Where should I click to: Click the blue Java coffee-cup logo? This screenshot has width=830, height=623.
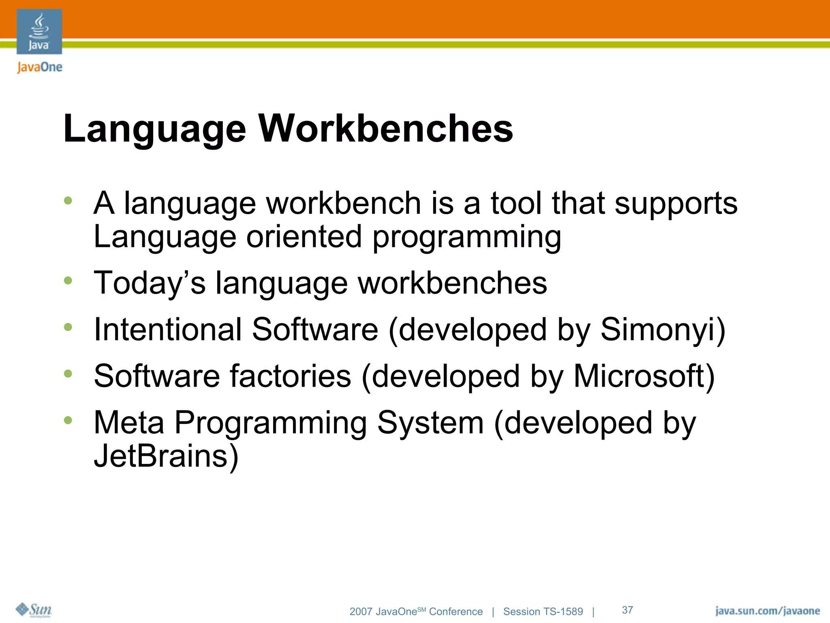click(x=39, y=32)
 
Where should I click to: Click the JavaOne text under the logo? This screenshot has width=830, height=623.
click(x=40, y=67)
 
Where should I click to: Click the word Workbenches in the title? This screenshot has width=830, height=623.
click(x=386, y=129)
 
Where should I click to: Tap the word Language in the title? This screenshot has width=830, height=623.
click(x=154, y=129)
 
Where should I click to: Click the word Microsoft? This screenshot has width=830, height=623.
click(x=644, y=376)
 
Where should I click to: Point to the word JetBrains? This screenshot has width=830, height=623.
click(x=166, y=456)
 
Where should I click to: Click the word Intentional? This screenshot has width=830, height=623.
click(x=167, y=329)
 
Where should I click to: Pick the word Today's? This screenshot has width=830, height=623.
click(x=150, y=283)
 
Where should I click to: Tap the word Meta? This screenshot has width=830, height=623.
click(x=129, y=423)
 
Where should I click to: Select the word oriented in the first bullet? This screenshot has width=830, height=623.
click(x=304, y=237)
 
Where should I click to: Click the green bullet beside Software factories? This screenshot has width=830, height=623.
click(x=68, y=374)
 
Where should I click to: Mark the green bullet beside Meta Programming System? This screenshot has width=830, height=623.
click(x=68, y=420)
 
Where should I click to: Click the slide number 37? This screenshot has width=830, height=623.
click(x=627, y=610)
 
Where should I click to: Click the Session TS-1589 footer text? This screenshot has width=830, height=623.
click(x=543, y=612)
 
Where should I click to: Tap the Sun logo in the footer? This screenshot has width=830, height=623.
click(x=34, y=610)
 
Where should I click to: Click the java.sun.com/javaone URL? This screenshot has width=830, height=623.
click(x=767, y=611)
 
